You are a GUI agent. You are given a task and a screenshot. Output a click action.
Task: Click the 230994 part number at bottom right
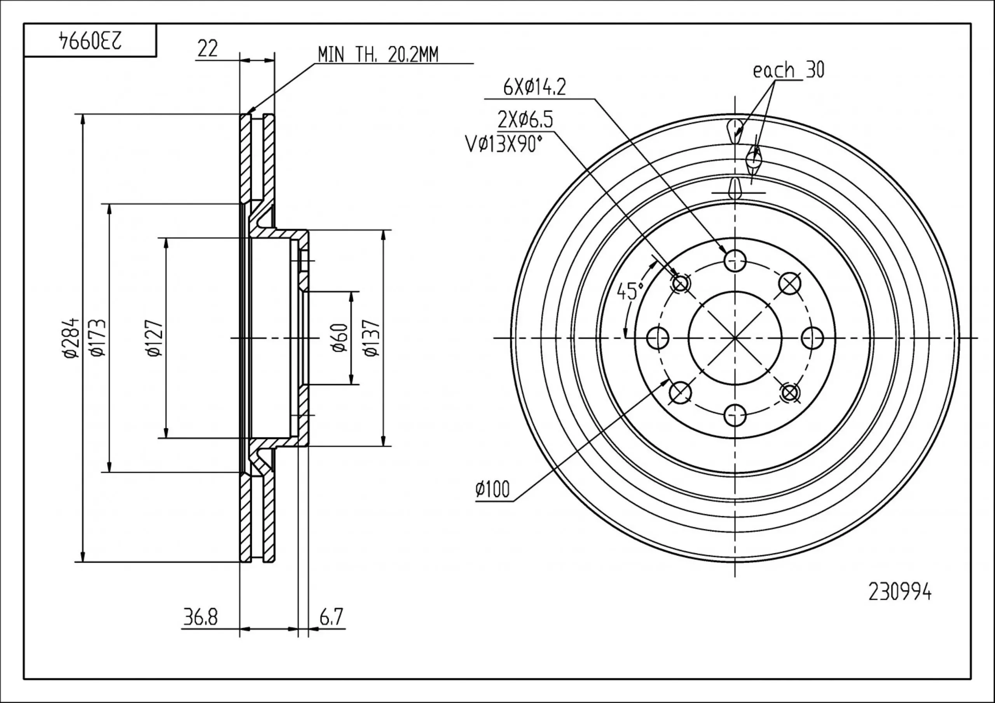pos(900,593)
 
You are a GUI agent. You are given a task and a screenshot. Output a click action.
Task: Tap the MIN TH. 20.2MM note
pos(377,55)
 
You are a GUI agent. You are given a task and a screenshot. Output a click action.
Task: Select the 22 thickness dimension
pos(207,49)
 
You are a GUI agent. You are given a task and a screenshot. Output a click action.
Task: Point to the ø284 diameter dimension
pos(71,338)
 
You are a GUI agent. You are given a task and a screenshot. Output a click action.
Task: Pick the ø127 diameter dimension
pos(155,338)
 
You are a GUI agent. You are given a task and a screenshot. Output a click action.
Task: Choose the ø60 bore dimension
pos(340,338)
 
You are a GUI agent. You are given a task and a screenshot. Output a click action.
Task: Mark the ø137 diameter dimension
pos(372,338)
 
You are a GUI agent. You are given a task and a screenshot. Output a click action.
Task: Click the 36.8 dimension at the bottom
pos(200,617)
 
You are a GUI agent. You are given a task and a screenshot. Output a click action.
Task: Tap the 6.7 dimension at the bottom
pos(331,617)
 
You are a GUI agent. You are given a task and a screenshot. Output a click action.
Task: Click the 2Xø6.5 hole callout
pos(525,119)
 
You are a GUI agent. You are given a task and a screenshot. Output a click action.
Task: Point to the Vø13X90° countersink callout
pos(504,144)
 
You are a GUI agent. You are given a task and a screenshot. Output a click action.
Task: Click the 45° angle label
pos(630,291)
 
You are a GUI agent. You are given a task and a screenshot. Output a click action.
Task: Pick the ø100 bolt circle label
pos(493,489)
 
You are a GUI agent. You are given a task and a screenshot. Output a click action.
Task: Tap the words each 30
pos(788,70)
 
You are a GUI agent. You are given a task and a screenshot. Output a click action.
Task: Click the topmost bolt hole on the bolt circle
pos(735,260)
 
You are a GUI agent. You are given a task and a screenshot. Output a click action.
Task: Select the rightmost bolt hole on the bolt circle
pos(812,338)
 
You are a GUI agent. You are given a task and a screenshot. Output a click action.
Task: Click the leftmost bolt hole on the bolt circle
pos(657,338)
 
